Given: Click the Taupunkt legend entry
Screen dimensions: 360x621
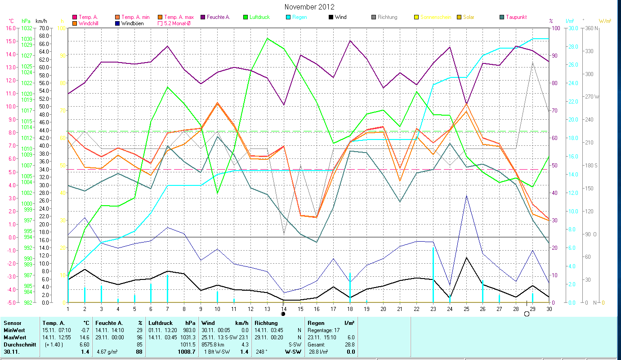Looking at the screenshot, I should (x=516, y=17).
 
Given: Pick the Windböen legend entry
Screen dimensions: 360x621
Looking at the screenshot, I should (x=132, y=23).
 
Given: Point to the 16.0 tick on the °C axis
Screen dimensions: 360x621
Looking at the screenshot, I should (x=10, y=28).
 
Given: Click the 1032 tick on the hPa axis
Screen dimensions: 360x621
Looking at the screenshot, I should (x=27, y=28).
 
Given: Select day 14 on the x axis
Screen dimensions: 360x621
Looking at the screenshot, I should (x=284, y=308).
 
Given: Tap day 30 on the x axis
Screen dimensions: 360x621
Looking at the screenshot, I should (x=549, y=308).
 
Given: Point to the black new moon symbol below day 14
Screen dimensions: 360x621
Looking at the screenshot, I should (x=283, y=314).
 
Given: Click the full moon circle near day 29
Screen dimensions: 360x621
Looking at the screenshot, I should (x=527, y=314).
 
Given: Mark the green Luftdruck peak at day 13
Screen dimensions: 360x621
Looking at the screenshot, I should (x=267, y=38).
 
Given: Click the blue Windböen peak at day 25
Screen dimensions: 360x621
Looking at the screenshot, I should (x=466, y=196).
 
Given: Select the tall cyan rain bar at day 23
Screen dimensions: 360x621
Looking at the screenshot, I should (x=433, y=274).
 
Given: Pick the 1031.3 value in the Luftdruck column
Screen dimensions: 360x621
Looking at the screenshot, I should (x=188, y=337).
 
